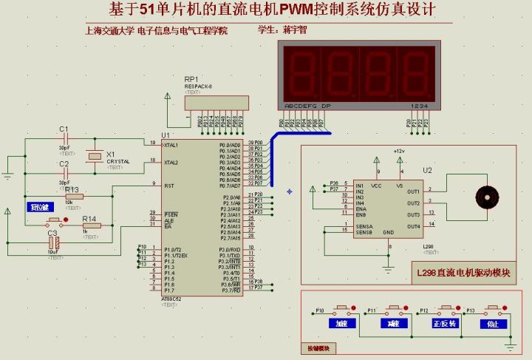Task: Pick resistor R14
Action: [92, 225]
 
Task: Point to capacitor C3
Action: [52, 242]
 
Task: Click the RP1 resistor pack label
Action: [191, 79]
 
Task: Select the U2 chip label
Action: [427, 170]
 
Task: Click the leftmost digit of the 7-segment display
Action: [303, 72]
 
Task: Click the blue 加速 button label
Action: [342, 324]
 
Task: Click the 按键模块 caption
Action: [318, 348]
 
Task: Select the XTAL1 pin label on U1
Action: [171, 145]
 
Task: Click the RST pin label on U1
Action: [168, 186]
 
